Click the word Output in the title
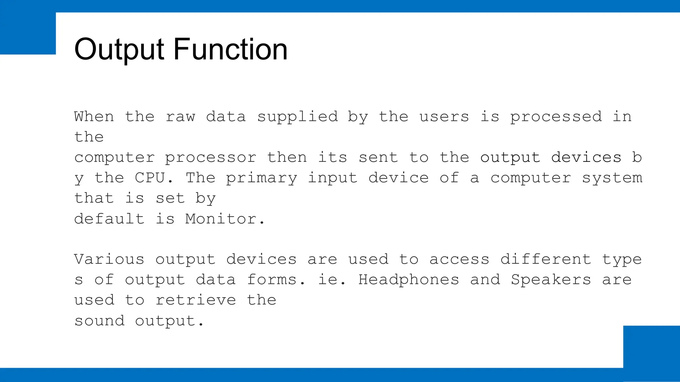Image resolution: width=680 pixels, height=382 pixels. tap(119, 50)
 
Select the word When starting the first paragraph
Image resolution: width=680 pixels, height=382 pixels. tap(94, 117)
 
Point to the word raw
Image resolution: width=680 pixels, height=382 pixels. tap(180, 117)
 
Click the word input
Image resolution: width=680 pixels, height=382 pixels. tap(332, 178)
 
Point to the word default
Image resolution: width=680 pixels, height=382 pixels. tap(109, 219)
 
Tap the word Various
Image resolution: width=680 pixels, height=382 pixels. tap(109, 259)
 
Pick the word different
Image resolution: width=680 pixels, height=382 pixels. tap(546, 259)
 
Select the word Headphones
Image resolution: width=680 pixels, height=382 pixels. tap(409, 280)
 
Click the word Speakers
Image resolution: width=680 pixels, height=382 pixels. tap(551, 280)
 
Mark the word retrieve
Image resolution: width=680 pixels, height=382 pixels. tap(196, 300)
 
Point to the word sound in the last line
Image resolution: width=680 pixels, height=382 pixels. tap(99, 321)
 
